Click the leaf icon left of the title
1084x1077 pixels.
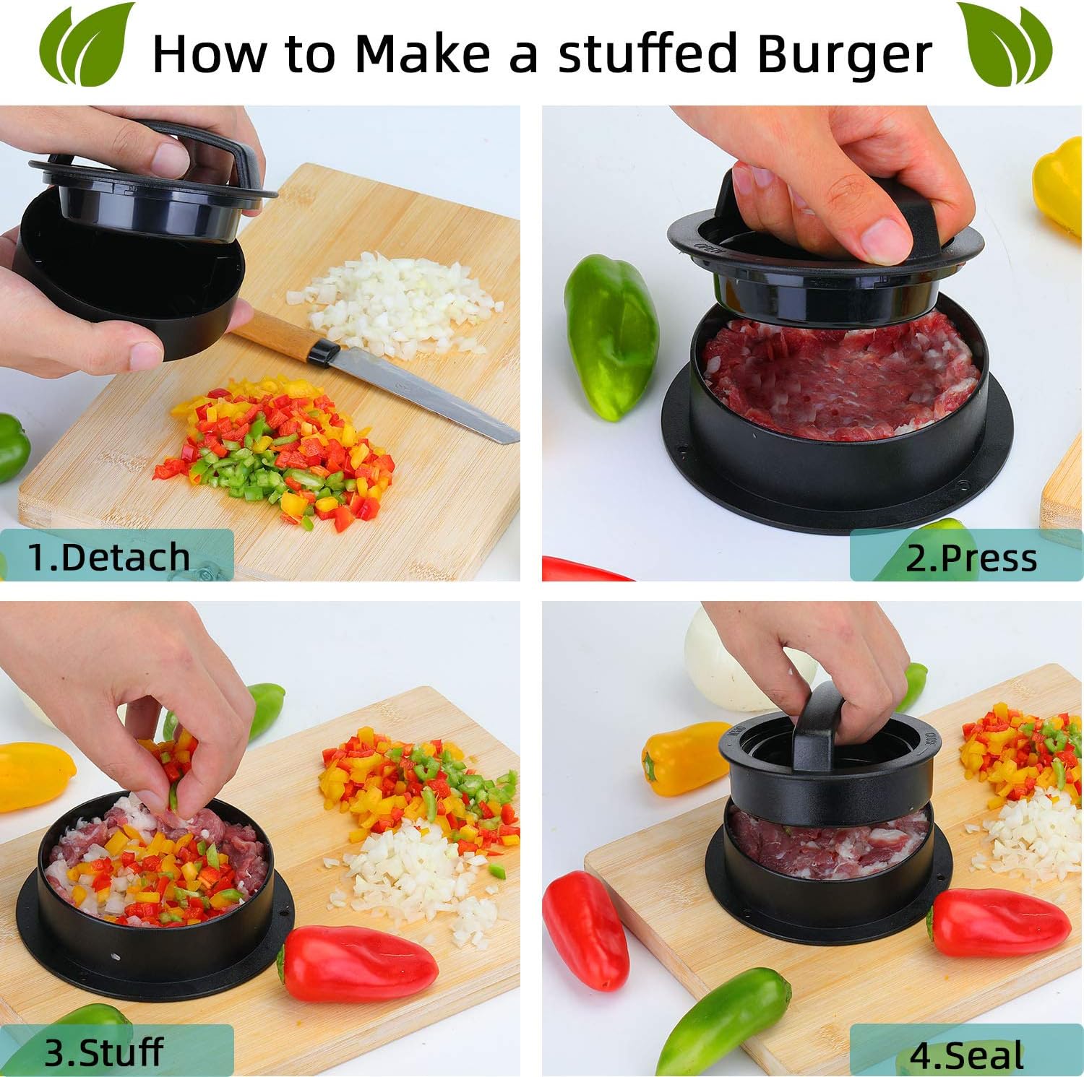point(87,44)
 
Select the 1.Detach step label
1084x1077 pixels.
point(109,557)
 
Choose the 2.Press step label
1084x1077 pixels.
point(971,558)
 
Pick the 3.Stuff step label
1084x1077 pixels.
point(104,1052)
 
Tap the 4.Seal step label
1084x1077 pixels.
point(966,1055)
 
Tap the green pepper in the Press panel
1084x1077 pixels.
point(611,336)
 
